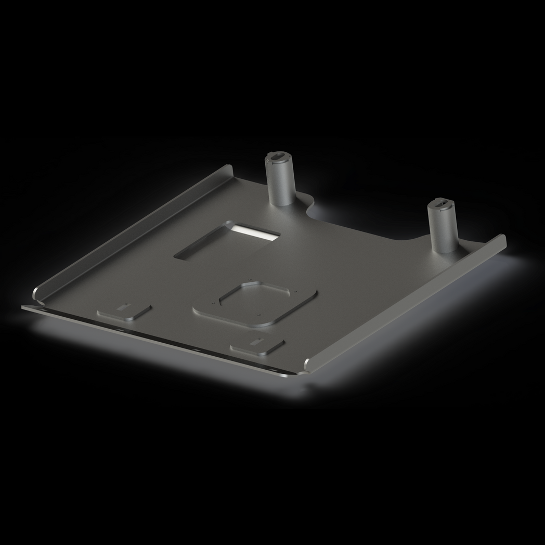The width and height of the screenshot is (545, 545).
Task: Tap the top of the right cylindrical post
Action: point(442,203)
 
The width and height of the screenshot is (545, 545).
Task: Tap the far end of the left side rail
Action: point(229,168)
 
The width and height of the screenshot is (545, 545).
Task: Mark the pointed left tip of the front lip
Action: point(22,307)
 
